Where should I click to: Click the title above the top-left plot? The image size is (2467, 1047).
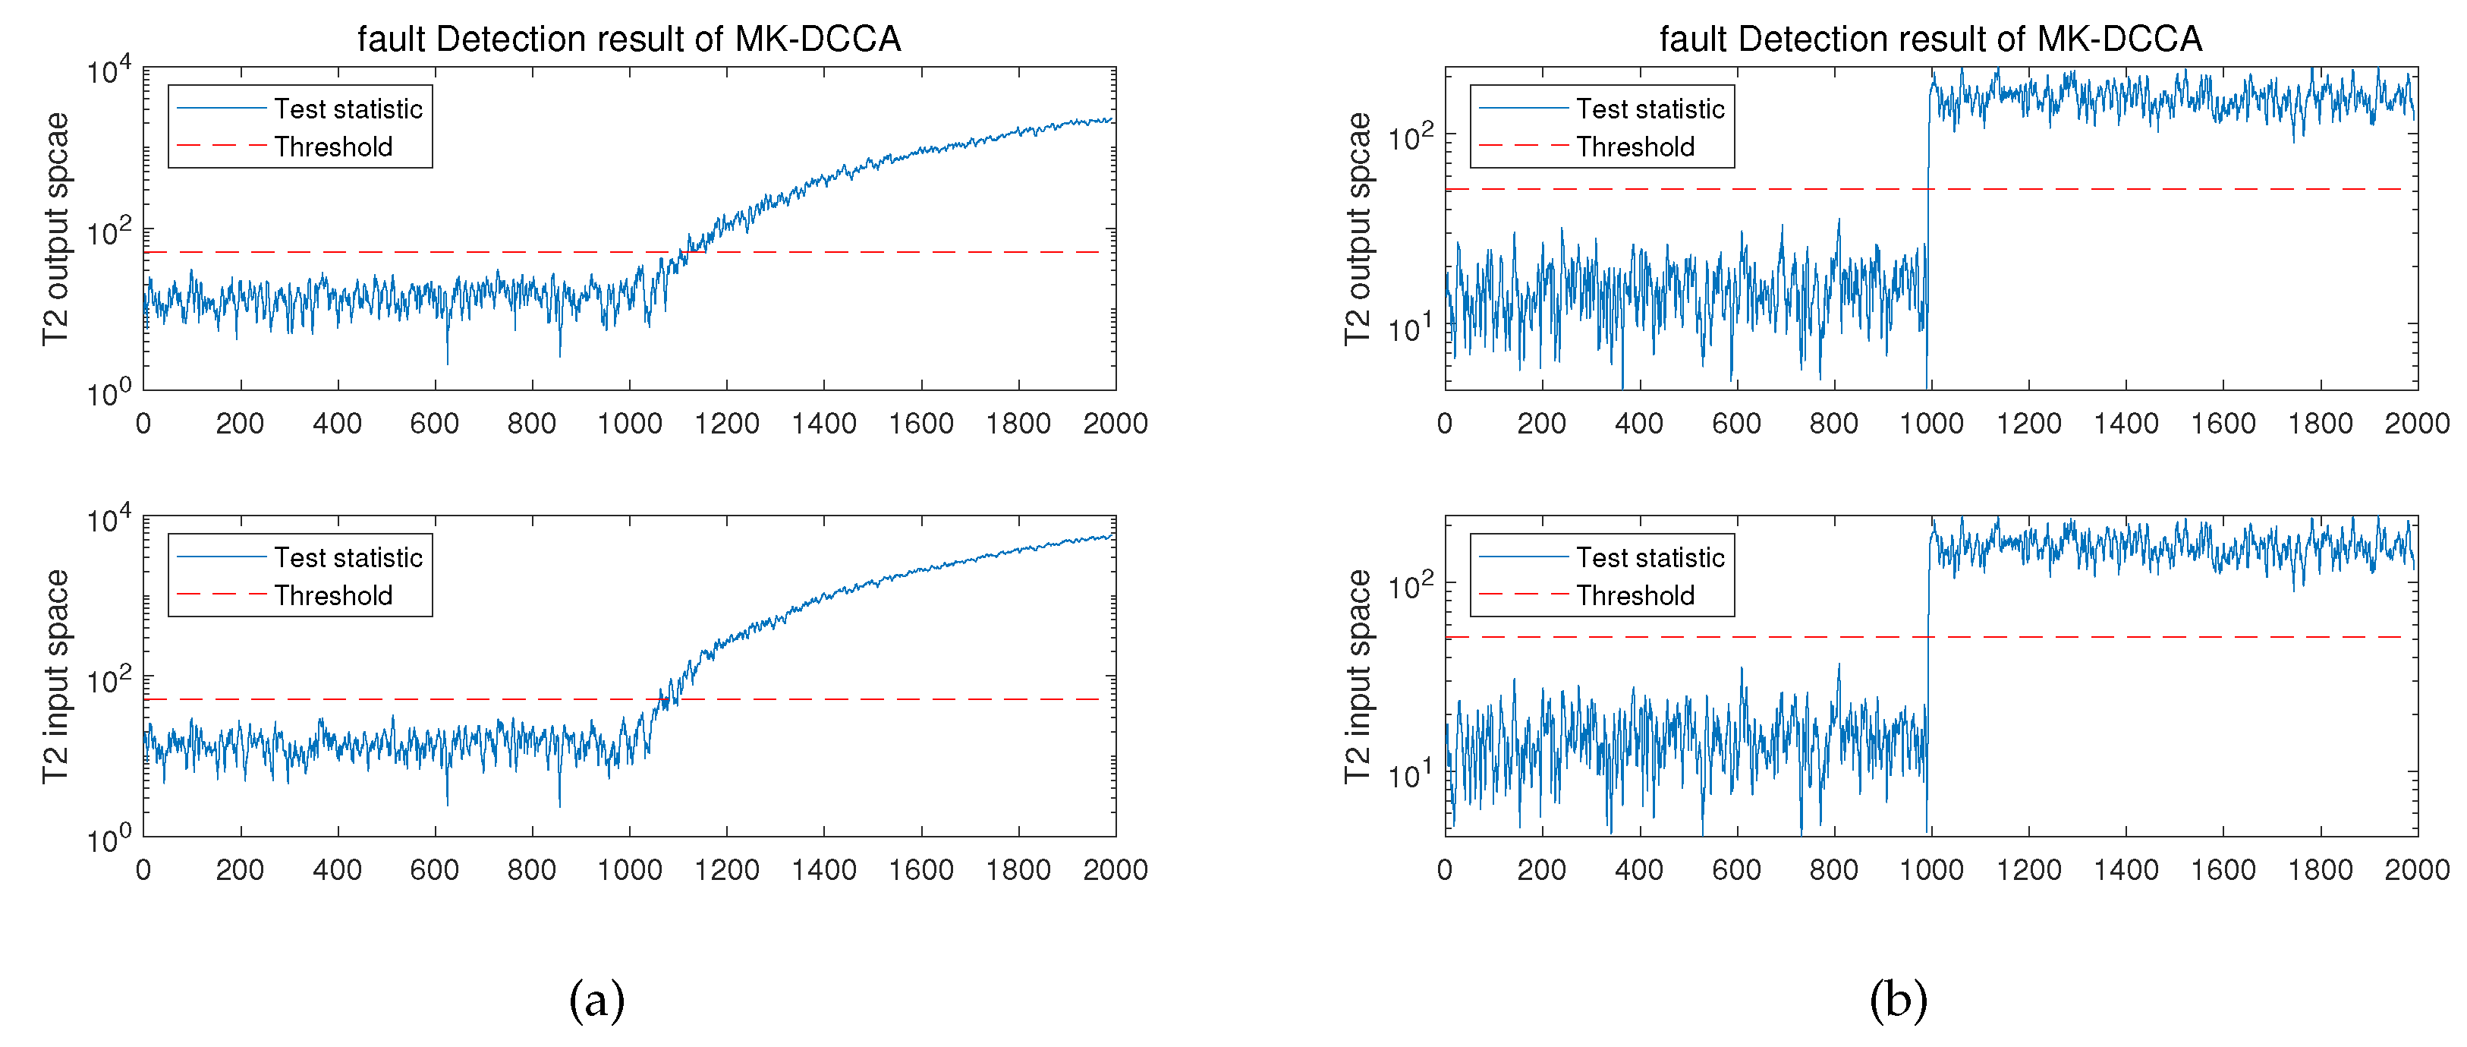coord(628,39)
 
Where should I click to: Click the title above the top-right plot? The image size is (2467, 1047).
coord(1930,39)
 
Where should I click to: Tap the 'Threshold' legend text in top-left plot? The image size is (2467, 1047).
coord(333,147)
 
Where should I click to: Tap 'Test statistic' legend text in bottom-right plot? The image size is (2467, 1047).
coord(1650,557)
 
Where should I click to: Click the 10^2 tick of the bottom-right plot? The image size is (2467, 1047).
coord(1411,585)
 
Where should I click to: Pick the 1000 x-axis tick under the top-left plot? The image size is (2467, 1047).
coord(629,424)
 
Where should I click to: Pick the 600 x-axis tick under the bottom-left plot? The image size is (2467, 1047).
coord(435,870)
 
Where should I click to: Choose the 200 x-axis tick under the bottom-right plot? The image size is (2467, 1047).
coord(1541,870)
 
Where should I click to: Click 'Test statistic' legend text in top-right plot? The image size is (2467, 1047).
coord(1650,109)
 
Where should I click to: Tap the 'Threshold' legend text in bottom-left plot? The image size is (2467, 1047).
coord(333,596)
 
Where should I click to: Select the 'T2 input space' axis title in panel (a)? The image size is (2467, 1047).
coord(55,676)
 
